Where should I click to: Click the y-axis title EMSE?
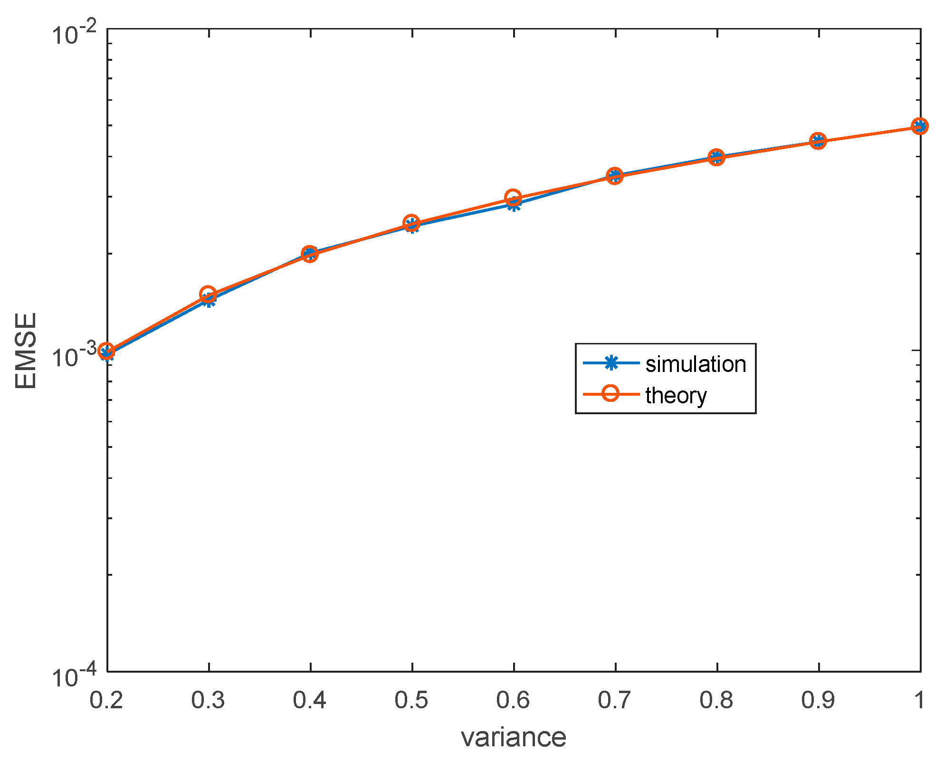tap(26, 351)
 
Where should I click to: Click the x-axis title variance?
tap(514, 737)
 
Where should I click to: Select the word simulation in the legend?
tap(696, 364)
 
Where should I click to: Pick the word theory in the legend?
tap(676, 395)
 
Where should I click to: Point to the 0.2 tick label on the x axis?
tap(106, 700)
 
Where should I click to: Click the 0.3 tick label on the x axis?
tap(208, 700)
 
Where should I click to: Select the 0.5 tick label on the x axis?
tap(411, 700)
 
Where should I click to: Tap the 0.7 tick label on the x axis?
tap(615, 700)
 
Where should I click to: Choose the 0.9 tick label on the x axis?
tap(818, 700)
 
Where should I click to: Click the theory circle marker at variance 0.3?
tap(208, 294)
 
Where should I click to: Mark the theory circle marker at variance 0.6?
tap(513, 197)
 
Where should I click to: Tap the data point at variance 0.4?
tap(310, 254)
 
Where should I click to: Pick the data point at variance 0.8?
tap(716, 157)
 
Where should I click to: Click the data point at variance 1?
tap(920, 126)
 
